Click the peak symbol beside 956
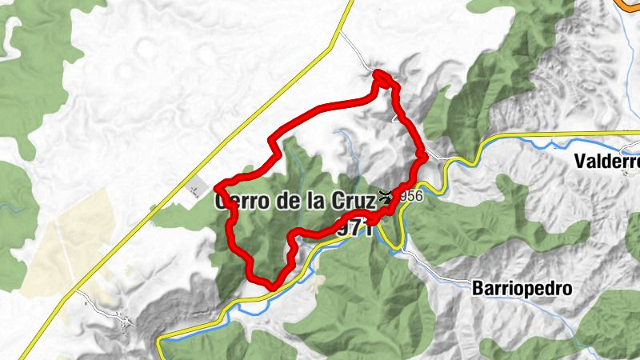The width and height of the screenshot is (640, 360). tap(388, 195)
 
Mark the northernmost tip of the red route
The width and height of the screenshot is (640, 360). tap(382, 74)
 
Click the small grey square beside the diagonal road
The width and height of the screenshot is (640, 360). tap(195, 190)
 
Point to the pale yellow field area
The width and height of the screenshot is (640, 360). tap(64, 240)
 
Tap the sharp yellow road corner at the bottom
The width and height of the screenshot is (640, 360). tap(160, 341)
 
